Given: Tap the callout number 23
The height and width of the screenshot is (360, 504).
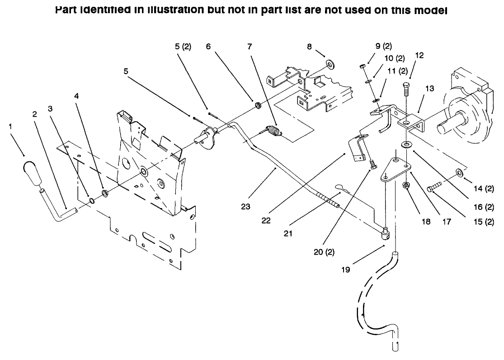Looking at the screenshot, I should click(246, 206).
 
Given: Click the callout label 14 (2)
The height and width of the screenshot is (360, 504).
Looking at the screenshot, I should click(483, 189).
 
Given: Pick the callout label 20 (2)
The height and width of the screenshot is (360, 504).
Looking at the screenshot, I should click(324, 252).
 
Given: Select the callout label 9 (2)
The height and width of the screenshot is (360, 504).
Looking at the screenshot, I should click(384, 46).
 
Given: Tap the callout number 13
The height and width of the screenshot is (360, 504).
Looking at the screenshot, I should click(429, 89).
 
